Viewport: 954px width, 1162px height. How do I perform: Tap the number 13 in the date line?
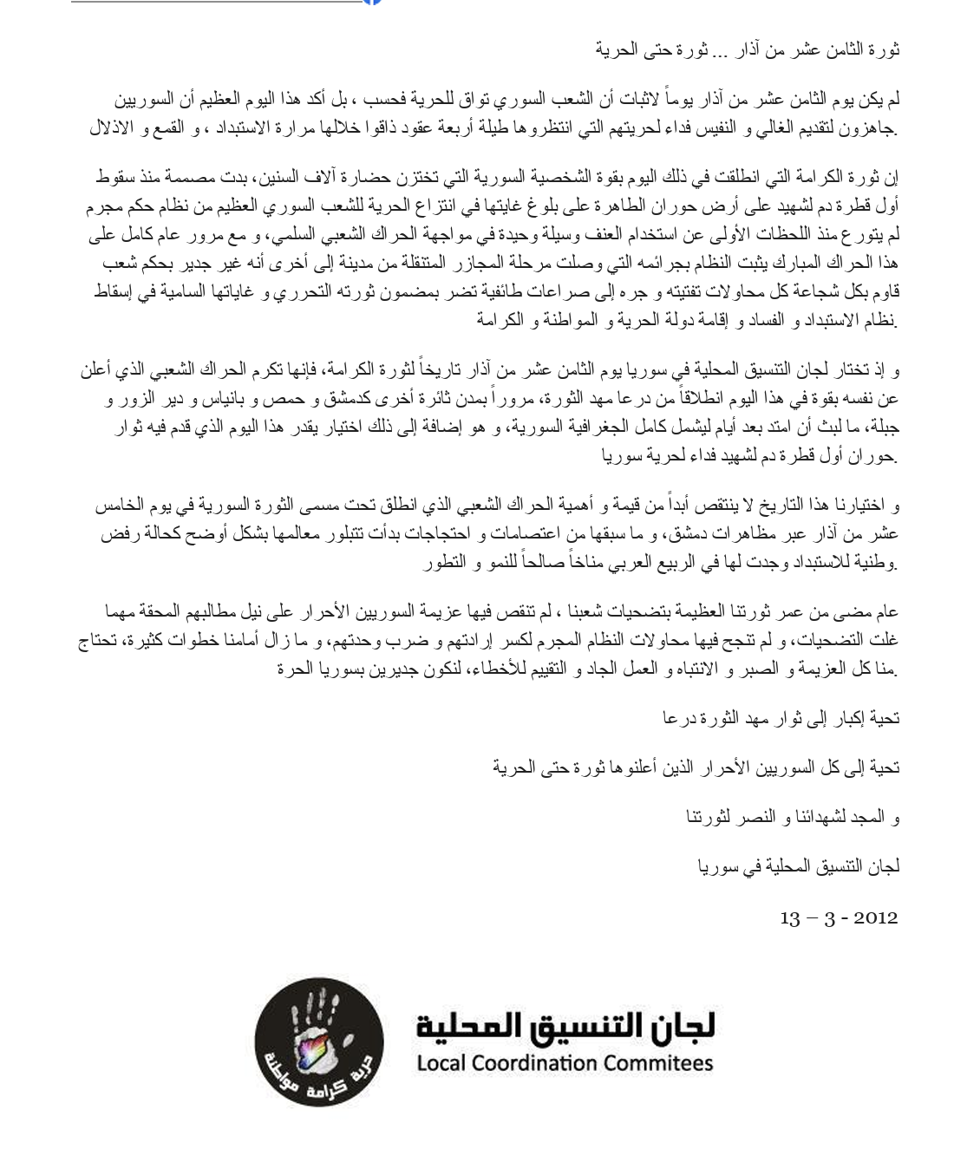pyautogui.click(x=790, y=917)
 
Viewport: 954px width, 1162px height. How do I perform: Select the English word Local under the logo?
pyautogui.click(x=446, y=1063)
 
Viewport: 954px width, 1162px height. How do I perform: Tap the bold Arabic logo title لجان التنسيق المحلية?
pyautogui.click(x=565, y=1026)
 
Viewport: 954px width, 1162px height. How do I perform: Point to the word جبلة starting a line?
pyautogui.click(x=881, y=428)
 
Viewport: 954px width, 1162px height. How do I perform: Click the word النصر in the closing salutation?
pyautogui.click(x=761, y=816)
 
